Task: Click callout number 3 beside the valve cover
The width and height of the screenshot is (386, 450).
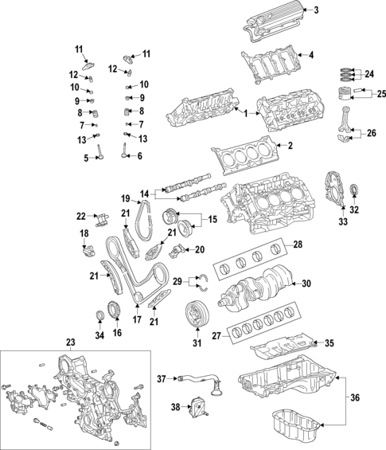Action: (x=316, y=10)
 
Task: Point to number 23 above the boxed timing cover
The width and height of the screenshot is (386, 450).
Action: (x=70, y=343)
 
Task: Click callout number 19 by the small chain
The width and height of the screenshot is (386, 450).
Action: (x=126, y=198)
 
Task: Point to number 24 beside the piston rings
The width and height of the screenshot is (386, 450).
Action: (x=368, y=74)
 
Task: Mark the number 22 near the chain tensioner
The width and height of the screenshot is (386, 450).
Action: (x=81, y=216)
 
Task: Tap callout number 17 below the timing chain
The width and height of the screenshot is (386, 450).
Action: (x=136, y=320)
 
